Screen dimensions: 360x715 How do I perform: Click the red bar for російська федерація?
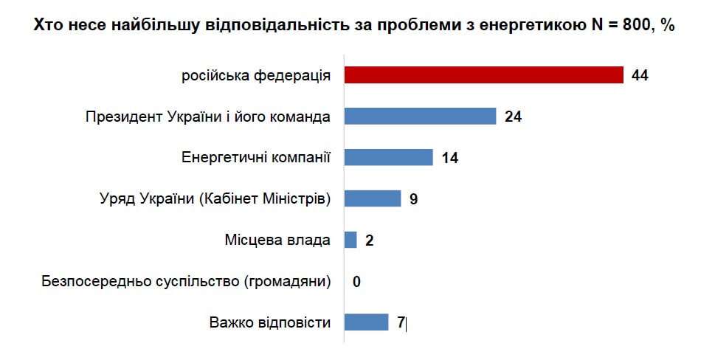[x=484, y=75]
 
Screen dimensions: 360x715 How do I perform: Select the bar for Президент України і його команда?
[x=420, y=116]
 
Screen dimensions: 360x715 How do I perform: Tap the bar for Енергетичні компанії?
[x=389, y=157]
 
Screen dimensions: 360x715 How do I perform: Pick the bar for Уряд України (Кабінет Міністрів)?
[x=373, y=198]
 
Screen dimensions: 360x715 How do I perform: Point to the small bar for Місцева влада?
[x=350, y=240]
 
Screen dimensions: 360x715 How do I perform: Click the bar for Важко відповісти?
[x=366, y=322]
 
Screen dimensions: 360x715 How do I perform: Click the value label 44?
[x=640, y=75]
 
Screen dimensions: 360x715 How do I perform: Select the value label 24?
[x=514, y=117]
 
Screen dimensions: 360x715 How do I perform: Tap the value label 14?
[x=450, y=158]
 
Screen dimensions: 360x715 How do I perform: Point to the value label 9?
[x=414, y=199]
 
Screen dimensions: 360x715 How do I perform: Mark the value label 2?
[x=369, y=240]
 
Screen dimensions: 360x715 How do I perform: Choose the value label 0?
[x=356, y=282]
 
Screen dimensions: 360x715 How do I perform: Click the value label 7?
[x=401, y=323]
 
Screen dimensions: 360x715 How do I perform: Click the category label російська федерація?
[x=256, y=75]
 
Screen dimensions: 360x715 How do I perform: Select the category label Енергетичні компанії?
[x=255, y=157]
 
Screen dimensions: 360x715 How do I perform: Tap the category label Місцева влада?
[x=277, y=240]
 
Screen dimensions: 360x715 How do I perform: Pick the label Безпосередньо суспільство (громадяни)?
[x=187, y=281]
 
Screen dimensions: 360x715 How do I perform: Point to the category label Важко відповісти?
[x=269, y=322]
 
